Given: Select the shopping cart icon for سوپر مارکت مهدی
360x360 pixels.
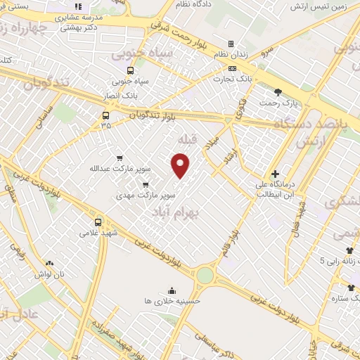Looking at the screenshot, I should (x=146, y=185).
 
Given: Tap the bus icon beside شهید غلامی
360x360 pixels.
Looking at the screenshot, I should (x=98, y=222).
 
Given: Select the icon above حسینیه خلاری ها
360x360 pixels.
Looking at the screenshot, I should (x=172, y=290).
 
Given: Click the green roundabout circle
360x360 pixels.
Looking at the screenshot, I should (x=204, y=275).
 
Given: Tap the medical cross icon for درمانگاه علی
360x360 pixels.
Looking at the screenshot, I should (x=275, y=174).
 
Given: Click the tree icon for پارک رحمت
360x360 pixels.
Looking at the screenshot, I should (x=278, y=92).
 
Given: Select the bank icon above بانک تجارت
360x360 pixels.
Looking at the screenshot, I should (x=233, y=68).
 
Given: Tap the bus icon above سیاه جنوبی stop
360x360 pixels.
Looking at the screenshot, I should (x=130, y=70).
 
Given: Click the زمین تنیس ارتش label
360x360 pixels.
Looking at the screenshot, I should (x=312, y=6).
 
